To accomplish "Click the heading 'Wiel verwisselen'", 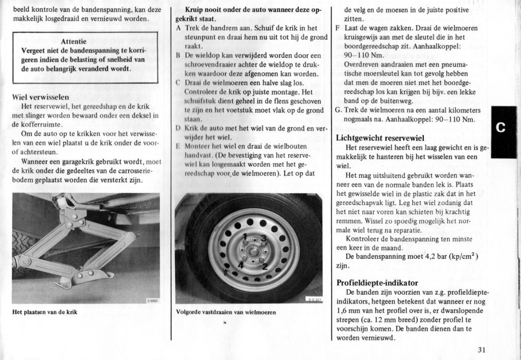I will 40,97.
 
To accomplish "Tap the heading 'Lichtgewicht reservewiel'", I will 380,138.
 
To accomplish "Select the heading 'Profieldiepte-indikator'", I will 377,283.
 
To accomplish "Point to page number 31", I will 482,349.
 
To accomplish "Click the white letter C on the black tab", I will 501,128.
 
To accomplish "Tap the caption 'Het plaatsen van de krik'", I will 45,312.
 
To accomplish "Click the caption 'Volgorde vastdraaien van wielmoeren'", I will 225,312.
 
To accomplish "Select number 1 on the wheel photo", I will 245,236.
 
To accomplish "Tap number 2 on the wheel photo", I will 264,265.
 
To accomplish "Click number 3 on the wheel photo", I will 263,238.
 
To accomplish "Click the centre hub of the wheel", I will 253,251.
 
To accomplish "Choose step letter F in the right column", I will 338,28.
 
